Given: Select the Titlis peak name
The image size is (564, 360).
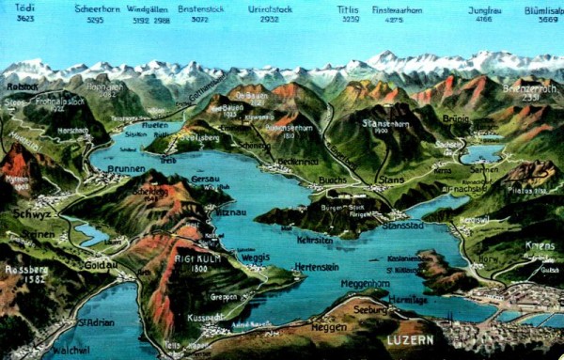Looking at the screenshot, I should click(348, 7).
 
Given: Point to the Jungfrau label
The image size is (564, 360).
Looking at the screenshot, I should click(484, 7).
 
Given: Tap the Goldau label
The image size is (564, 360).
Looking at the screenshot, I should click(99, 265).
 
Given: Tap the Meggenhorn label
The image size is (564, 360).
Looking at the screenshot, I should click(365, 283).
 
